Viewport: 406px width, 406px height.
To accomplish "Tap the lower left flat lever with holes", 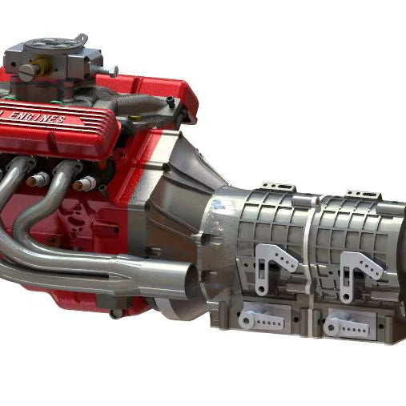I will click(x=262, y=320).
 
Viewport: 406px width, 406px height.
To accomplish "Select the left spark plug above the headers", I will click(x=35, y=180).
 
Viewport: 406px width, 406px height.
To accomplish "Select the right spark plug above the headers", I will click(x=83, y=184).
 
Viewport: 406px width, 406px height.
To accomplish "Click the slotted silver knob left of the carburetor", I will click(x=26, y=71).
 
